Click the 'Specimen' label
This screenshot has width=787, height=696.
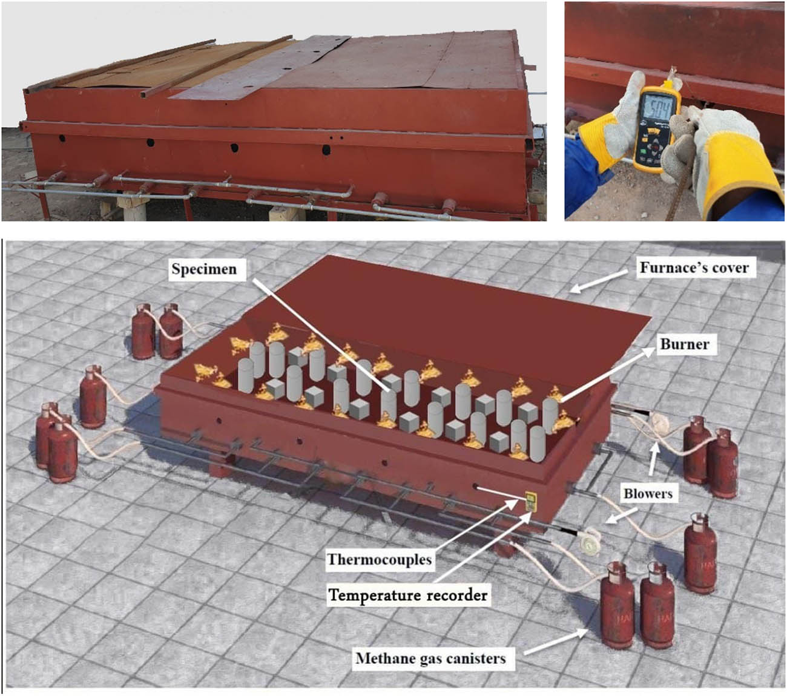205,269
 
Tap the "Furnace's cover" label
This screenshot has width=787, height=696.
694,268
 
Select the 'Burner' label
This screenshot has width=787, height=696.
685,344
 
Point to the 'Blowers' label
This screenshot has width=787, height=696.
648,493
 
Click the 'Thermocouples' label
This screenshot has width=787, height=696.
380,560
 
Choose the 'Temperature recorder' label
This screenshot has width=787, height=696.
408,595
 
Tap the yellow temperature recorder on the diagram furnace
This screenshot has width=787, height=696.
529,501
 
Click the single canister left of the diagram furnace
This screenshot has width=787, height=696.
93,396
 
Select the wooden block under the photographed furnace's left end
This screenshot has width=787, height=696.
132,205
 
